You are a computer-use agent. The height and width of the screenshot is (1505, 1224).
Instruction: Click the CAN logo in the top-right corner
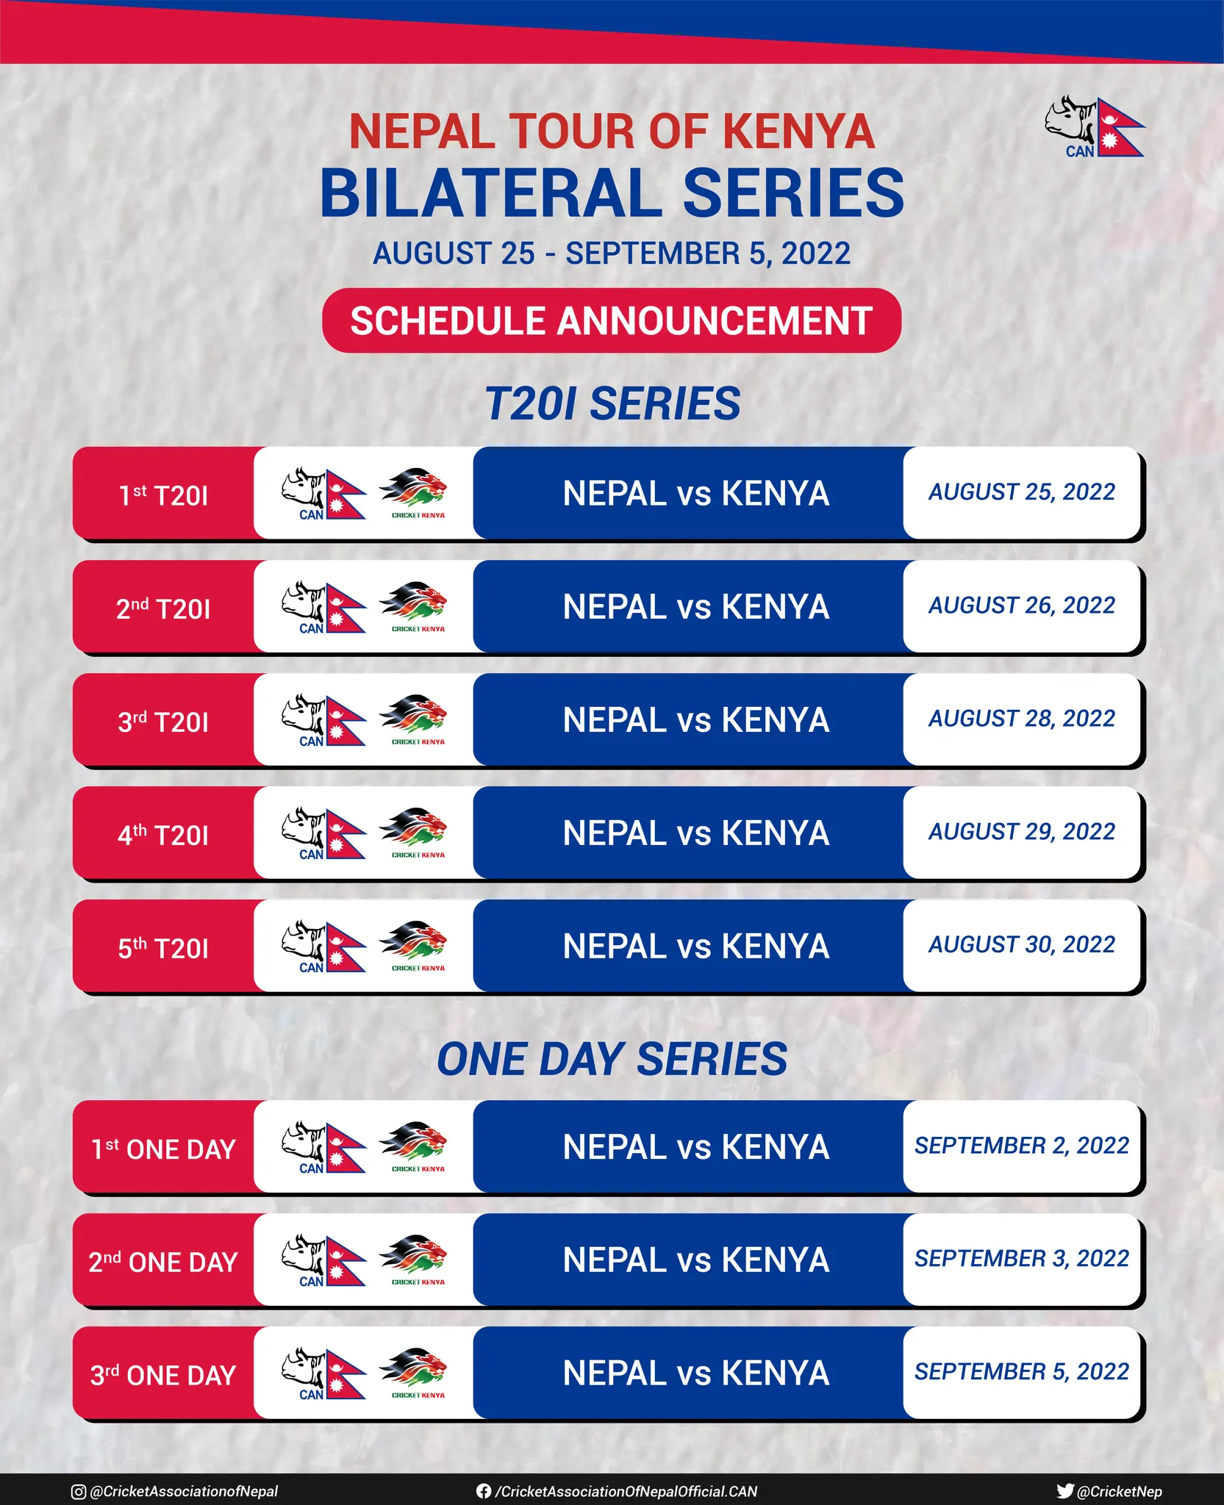1095,127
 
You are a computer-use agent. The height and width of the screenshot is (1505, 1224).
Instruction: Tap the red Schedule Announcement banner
612,320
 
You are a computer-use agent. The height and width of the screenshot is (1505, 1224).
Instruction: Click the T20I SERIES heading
612,404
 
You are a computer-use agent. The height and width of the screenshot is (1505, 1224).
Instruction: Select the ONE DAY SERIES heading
612,1059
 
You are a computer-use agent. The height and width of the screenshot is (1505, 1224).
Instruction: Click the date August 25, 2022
1022,492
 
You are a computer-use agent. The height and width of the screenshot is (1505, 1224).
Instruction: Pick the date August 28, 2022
1022,718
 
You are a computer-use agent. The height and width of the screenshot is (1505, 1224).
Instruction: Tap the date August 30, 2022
1022,944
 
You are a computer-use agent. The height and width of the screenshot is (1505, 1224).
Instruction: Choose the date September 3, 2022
1022,1258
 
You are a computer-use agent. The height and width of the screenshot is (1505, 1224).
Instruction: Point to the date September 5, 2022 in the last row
1022,1371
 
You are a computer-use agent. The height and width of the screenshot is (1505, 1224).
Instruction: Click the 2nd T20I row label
163,608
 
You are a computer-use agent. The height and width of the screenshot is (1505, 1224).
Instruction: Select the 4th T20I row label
163,835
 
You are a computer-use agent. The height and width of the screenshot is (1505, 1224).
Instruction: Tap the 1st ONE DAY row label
163,1149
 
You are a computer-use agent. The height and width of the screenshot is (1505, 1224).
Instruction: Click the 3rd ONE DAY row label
163,1375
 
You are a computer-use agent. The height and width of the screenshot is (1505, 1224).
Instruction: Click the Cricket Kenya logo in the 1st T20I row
414,493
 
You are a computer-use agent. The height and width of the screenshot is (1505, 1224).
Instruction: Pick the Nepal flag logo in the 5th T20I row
323,947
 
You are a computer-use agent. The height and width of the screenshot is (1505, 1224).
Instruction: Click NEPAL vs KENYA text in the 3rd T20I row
696,720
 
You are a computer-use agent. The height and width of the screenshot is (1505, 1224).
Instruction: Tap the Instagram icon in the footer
78,1491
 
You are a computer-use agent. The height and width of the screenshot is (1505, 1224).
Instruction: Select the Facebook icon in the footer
483,1491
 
